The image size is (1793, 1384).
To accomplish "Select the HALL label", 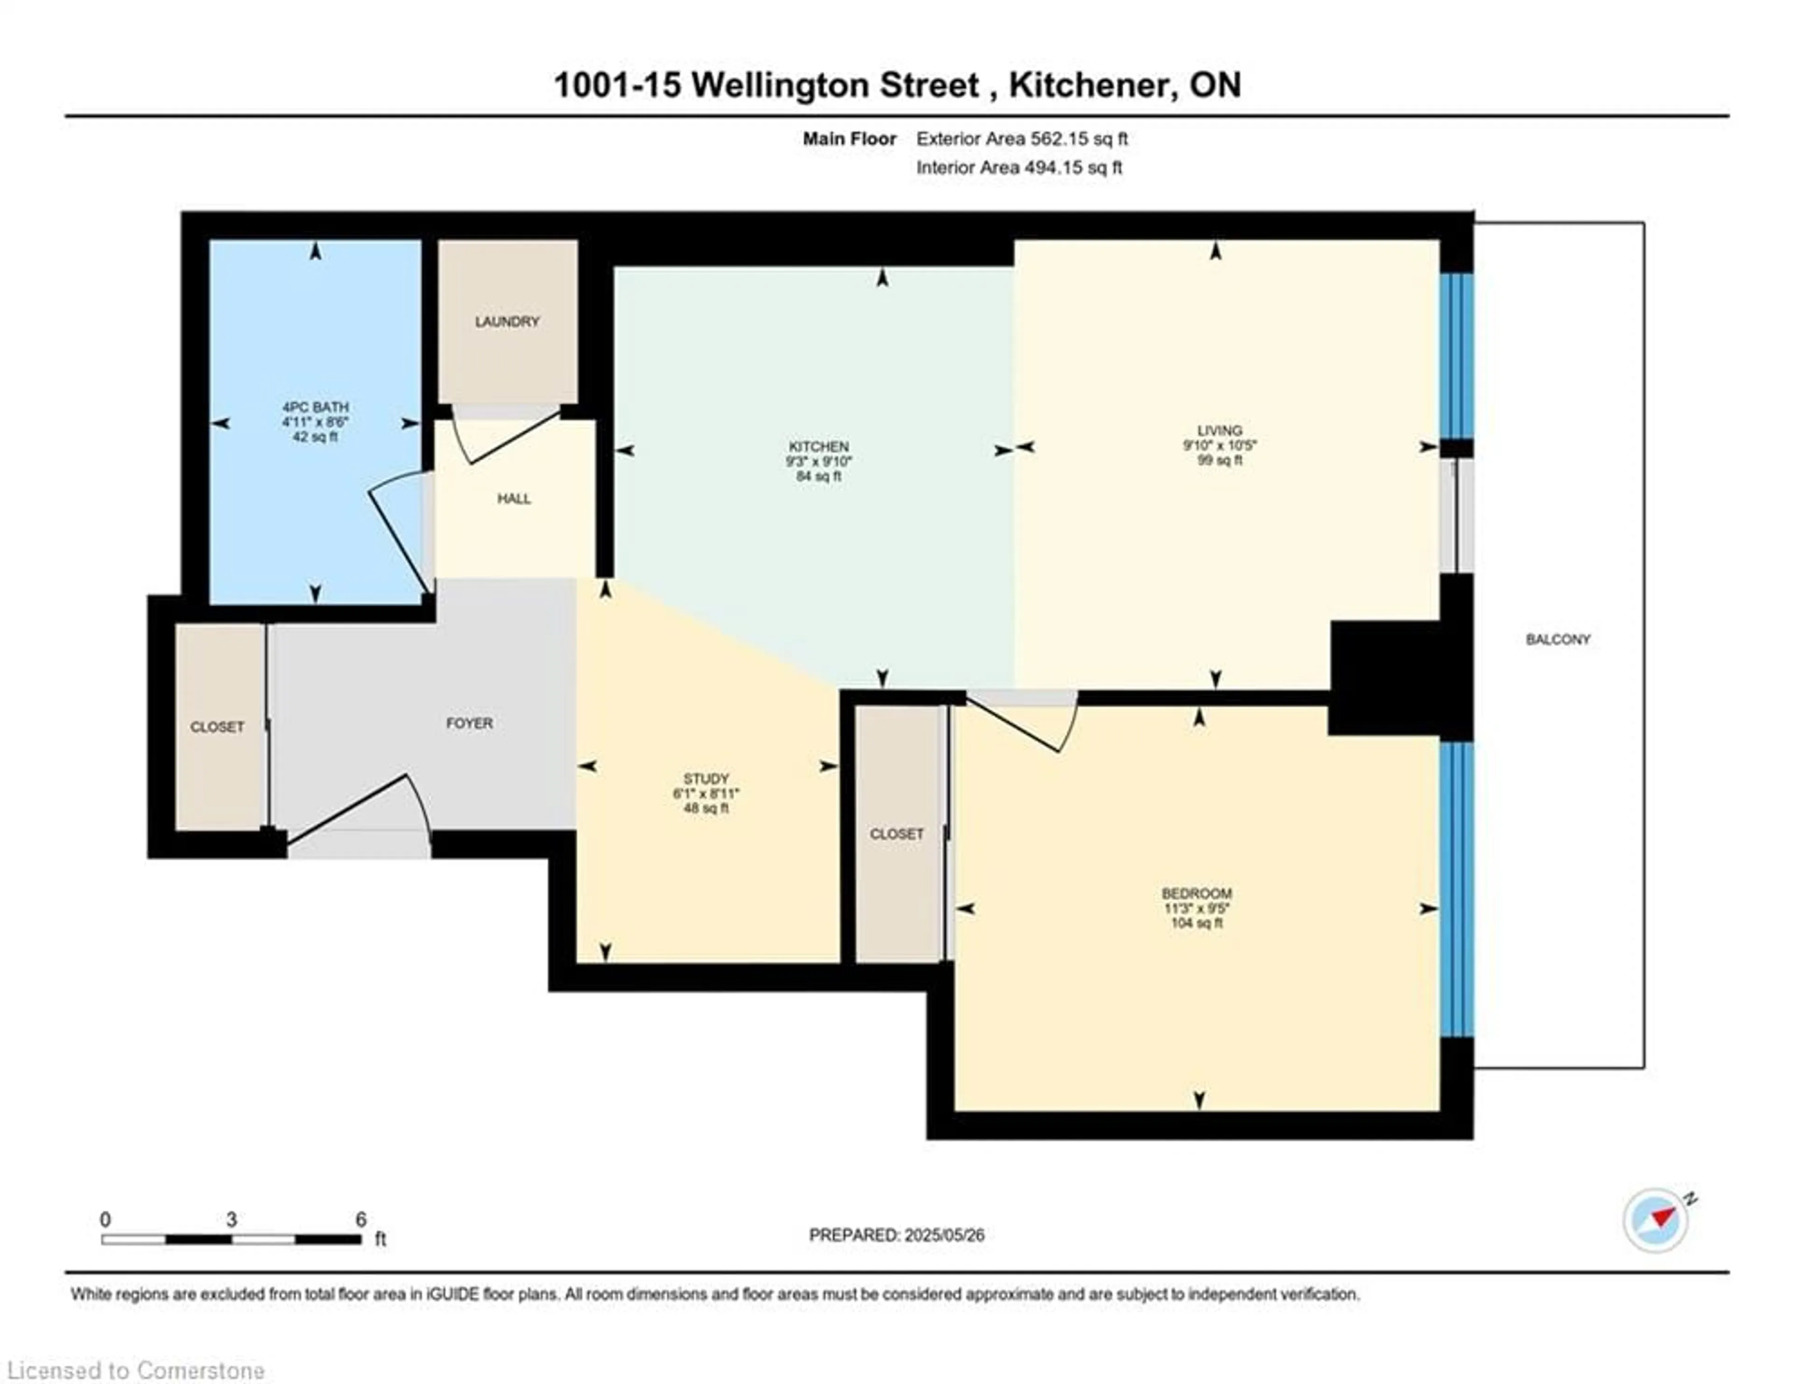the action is pyautogui.click(x=514, y=498).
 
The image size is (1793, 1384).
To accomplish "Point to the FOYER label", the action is pyautogui.click(x=470, y=723).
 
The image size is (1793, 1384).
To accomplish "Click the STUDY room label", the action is pyautogui.click(x=706, y=778).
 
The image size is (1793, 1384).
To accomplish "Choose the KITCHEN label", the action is pyautogui.click(x=819, y=446).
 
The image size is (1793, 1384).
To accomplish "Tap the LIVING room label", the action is pyautogui.click(x=1219, y=430).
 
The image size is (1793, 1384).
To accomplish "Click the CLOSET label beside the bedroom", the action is pyautogui.click(x=896, y=834).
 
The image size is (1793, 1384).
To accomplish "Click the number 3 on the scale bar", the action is pyautogui.click(x=232, y=1220).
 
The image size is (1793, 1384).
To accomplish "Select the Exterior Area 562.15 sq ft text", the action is pyautogui.click(x=1022, y=139).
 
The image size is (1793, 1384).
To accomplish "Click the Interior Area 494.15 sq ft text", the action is pyautogui.click(x=1019, y=168).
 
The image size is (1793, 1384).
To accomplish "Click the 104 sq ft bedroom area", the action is pyautogui.click(x=1196, y=923).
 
